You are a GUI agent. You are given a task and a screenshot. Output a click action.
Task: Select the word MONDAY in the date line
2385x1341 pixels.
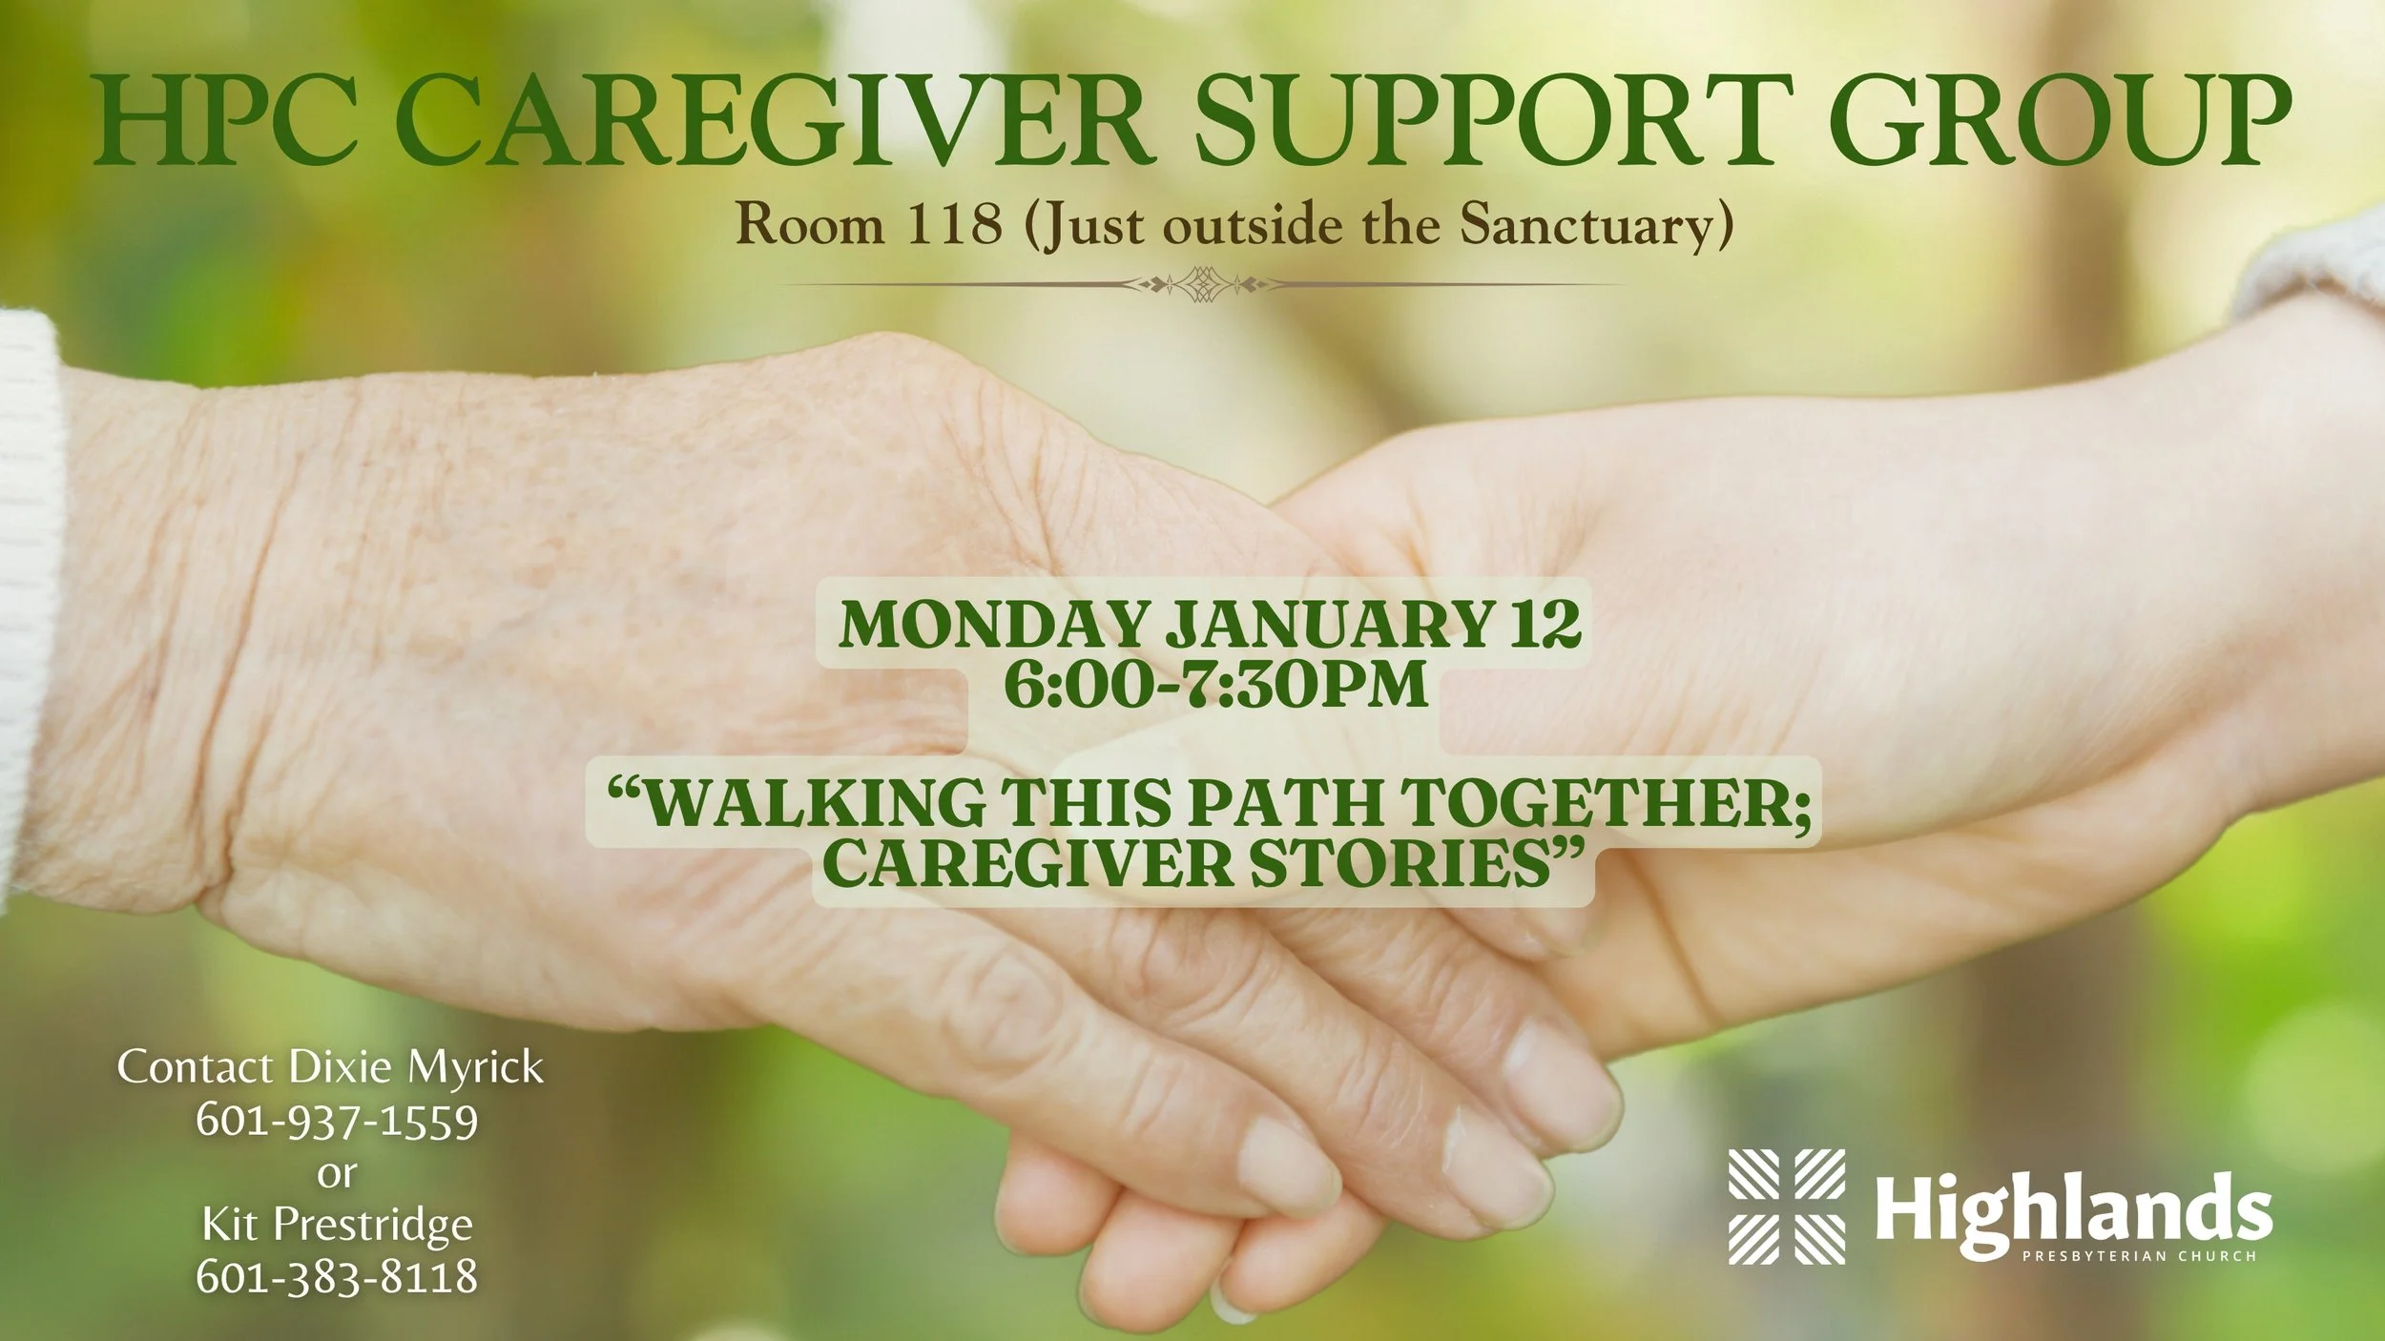click(x=992, y=625)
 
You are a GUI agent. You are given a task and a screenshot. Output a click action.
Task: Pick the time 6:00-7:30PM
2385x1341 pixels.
click(x=1215, y=684)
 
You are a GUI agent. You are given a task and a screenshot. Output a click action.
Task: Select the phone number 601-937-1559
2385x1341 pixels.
click(x=337, y=1121)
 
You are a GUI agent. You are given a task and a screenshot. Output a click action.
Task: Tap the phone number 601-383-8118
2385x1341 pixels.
click(x=337, y=1277)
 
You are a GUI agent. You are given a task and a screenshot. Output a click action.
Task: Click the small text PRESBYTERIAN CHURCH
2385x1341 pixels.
click(x=2139, y=1256)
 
